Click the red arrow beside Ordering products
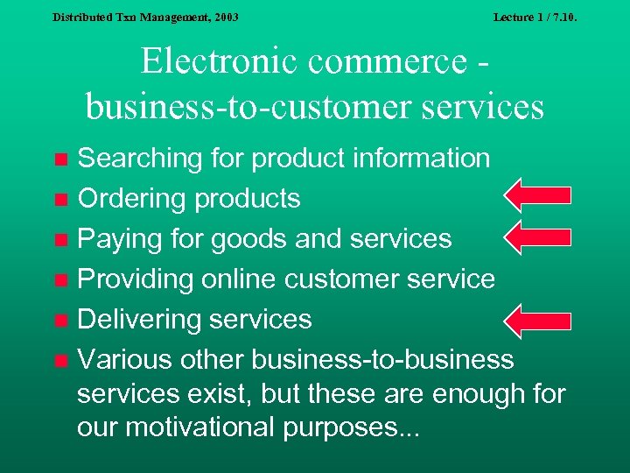pos(539,196)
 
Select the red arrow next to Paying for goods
pos(539,236)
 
